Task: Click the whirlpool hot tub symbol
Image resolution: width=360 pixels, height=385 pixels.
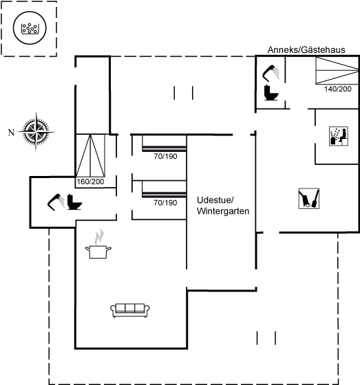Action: (30, 27)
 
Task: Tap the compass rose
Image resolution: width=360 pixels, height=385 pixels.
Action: (36, 132)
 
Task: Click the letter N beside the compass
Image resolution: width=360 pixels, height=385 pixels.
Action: (11, 133)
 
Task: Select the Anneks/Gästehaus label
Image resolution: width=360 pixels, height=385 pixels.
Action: (306, 49)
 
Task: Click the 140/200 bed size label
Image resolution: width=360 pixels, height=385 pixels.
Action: (337, 89)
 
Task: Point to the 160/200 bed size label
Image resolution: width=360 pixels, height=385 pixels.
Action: (90, 181)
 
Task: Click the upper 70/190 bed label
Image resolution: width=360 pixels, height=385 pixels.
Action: (165, 156)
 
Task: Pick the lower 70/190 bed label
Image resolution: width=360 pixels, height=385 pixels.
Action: (165, 203)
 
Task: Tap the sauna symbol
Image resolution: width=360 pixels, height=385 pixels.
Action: (339, 136)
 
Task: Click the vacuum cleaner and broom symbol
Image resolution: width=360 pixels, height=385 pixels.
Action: (309, 199)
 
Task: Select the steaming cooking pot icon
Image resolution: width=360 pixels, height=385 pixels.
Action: (98, 244)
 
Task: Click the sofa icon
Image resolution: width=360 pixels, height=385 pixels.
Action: (130, 310)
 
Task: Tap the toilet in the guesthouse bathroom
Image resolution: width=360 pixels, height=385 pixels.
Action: (271, 93)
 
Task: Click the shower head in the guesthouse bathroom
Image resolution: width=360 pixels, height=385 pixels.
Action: (271, 73)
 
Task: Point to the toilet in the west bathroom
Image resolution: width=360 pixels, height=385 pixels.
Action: (74, 202)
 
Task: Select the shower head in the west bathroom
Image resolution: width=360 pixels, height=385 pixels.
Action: (56, 202)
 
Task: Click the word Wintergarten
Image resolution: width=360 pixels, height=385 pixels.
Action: (223, 211)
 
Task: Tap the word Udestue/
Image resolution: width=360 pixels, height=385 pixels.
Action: (215, 200)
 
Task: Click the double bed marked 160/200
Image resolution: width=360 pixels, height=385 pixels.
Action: (90, 155)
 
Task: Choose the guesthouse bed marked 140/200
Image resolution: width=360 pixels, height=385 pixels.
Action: (337, 70)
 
